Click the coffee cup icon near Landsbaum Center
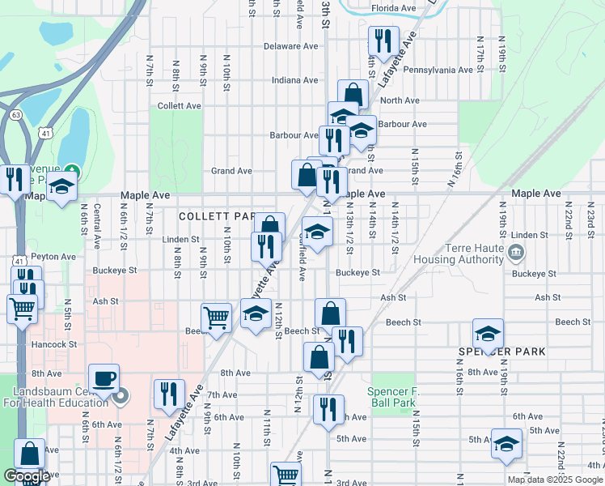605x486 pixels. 103,378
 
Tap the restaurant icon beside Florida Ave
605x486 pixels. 383,40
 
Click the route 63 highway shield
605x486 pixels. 16,115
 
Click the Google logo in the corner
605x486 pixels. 27,476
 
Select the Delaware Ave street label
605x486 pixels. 269,46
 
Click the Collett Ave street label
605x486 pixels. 180,106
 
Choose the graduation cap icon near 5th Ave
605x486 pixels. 506,443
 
